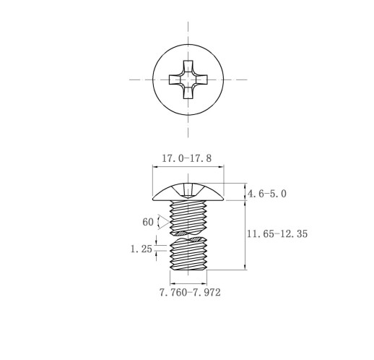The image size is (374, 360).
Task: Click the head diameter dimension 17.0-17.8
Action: (x=187, y=158)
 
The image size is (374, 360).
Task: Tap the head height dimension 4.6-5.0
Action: (x=267, y=194)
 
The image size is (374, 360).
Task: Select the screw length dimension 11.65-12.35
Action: (x=277, y=233)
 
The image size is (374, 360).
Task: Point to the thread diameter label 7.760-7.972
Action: (x=190, y=293)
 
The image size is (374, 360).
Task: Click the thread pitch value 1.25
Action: (x=142, y=249)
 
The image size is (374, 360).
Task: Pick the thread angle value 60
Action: (x=148, y=222)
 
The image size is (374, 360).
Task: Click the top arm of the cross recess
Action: (x=188, y=66)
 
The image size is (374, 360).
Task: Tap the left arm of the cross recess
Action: (x=175, y=80)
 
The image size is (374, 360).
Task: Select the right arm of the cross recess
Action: (x=201, y=80)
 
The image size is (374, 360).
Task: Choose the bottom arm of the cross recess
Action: (x=188, y=93)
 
